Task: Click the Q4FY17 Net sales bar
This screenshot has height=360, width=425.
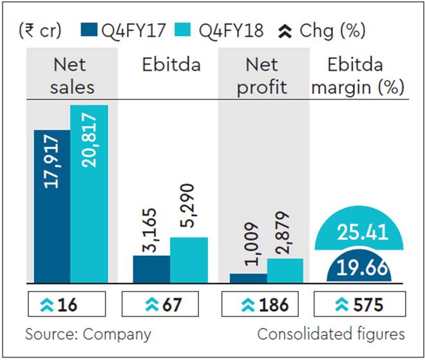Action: coord(52,206)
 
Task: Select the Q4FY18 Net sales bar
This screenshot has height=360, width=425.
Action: coord(90,193)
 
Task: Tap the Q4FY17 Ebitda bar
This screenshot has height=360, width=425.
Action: coord(151,269)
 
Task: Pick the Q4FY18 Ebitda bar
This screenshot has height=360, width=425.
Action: coord(189,260)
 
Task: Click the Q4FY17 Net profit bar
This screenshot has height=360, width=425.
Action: coord(248,278)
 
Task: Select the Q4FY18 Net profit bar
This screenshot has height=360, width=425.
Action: coord(285,270)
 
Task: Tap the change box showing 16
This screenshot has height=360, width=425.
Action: coord(66,305)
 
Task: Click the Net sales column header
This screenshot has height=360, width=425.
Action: coord(71,76)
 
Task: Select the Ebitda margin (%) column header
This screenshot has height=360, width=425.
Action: coord(359,76)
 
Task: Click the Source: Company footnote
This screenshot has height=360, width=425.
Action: coord(88,334)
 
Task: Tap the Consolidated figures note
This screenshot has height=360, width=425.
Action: coord(331,334)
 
